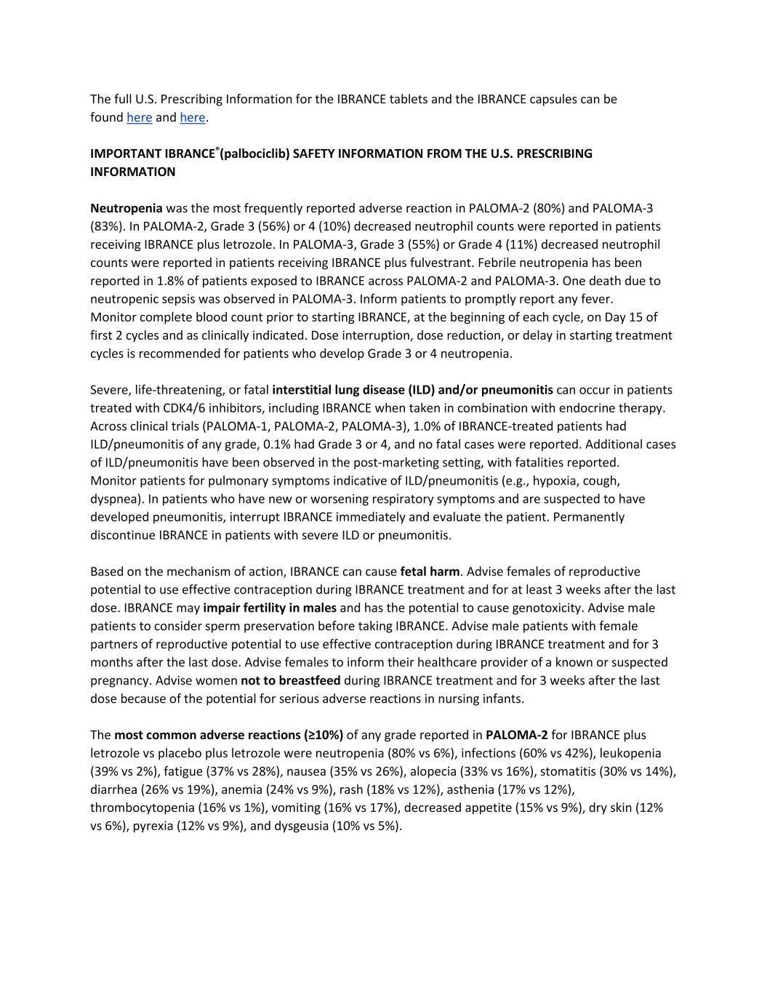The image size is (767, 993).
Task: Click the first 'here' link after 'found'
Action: tap(139, 117)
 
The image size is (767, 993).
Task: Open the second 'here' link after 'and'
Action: tap(193, 117)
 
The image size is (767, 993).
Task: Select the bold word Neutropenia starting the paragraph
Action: tap(127, 208)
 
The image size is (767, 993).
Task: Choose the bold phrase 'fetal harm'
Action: tap(430, 572)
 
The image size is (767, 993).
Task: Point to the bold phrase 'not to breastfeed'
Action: tap(291, 681)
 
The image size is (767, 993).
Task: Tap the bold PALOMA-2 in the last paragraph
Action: tap(517, 735)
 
